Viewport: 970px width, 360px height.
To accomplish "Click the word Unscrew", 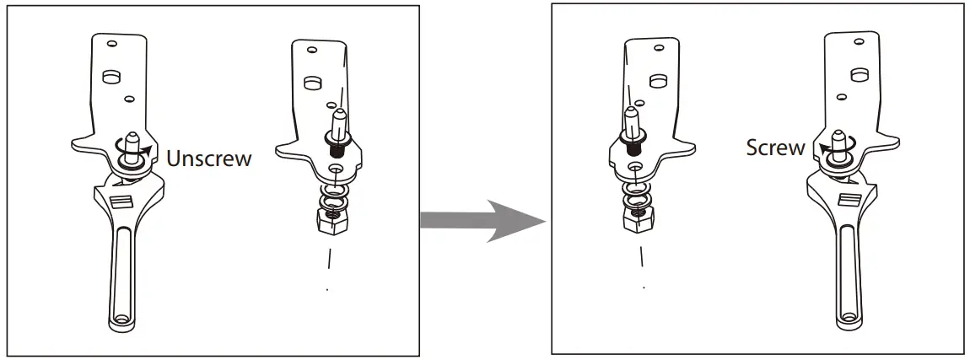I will [x=208, y=158].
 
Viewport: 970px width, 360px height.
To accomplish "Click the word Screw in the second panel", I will [x=775, y=148].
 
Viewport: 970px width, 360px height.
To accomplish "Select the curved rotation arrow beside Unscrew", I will [x=147, y=153].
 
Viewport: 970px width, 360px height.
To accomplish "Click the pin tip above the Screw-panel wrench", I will [x=838, y=134].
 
